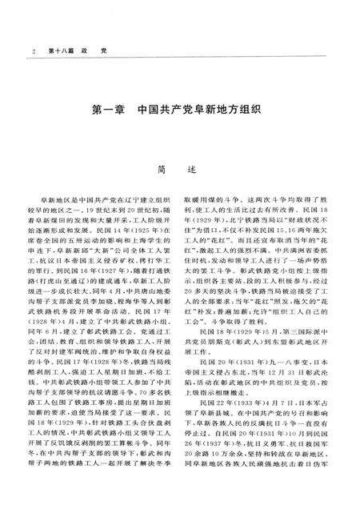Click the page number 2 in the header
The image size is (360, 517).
pos(33,52)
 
